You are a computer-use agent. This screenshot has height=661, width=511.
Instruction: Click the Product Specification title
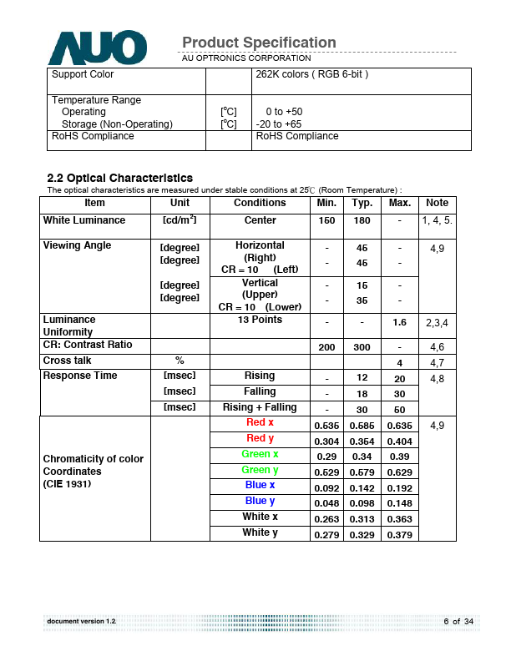[259, 43]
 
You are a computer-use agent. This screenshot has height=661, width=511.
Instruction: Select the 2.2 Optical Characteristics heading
[120, 178]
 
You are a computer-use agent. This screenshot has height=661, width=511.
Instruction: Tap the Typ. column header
[362, 203]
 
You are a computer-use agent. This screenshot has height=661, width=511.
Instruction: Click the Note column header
[437, 203]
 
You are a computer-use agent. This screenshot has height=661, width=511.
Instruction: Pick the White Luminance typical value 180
[362, 221]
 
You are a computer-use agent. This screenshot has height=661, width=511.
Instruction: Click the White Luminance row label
[84, 220]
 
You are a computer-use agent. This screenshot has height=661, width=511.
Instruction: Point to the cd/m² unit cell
[180, 221]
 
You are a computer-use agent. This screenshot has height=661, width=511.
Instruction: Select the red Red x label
[260, 422]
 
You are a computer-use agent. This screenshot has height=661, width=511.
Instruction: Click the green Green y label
[260, 470]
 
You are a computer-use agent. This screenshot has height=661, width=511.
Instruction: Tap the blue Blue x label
[260, 485]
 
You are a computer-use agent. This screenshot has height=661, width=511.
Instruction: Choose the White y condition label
[260, 532]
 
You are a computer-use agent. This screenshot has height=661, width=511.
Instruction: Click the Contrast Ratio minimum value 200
[326, 346]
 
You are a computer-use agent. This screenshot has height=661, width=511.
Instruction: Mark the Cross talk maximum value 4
[399, 363]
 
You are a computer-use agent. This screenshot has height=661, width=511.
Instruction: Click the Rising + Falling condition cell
[260, 407]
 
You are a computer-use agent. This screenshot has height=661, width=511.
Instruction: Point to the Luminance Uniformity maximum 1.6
[399, 322]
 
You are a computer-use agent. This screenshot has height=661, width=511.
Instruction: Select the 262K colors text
[311, 74]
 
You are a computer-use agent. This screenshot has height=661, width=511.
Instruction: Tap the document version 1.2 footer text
[82, 622]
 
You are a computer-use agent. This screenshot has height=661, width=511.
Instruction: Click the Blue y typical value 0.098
[362, 503]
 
